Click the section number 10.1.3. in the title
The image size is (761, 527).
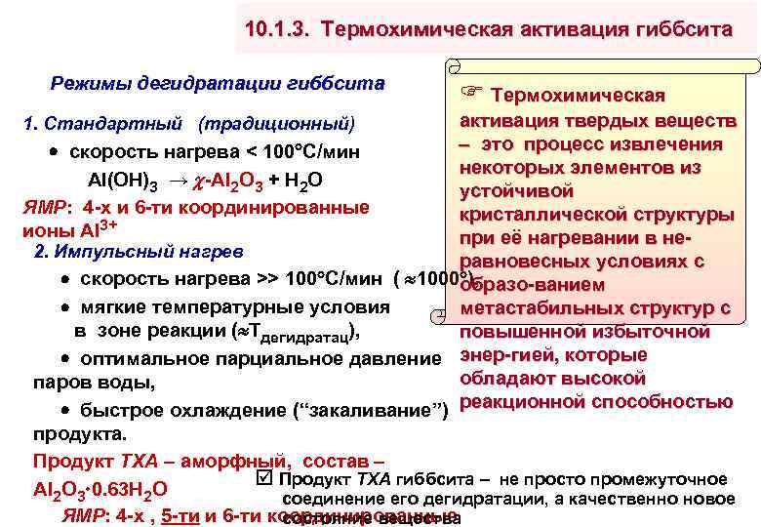point(283,30)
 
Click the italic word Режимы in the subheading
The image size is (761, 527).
point(88,85)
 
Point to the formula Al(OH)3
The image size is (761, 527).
point(124,182)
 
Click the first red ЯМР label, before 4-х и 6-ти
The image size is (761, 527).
point(45,207)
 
